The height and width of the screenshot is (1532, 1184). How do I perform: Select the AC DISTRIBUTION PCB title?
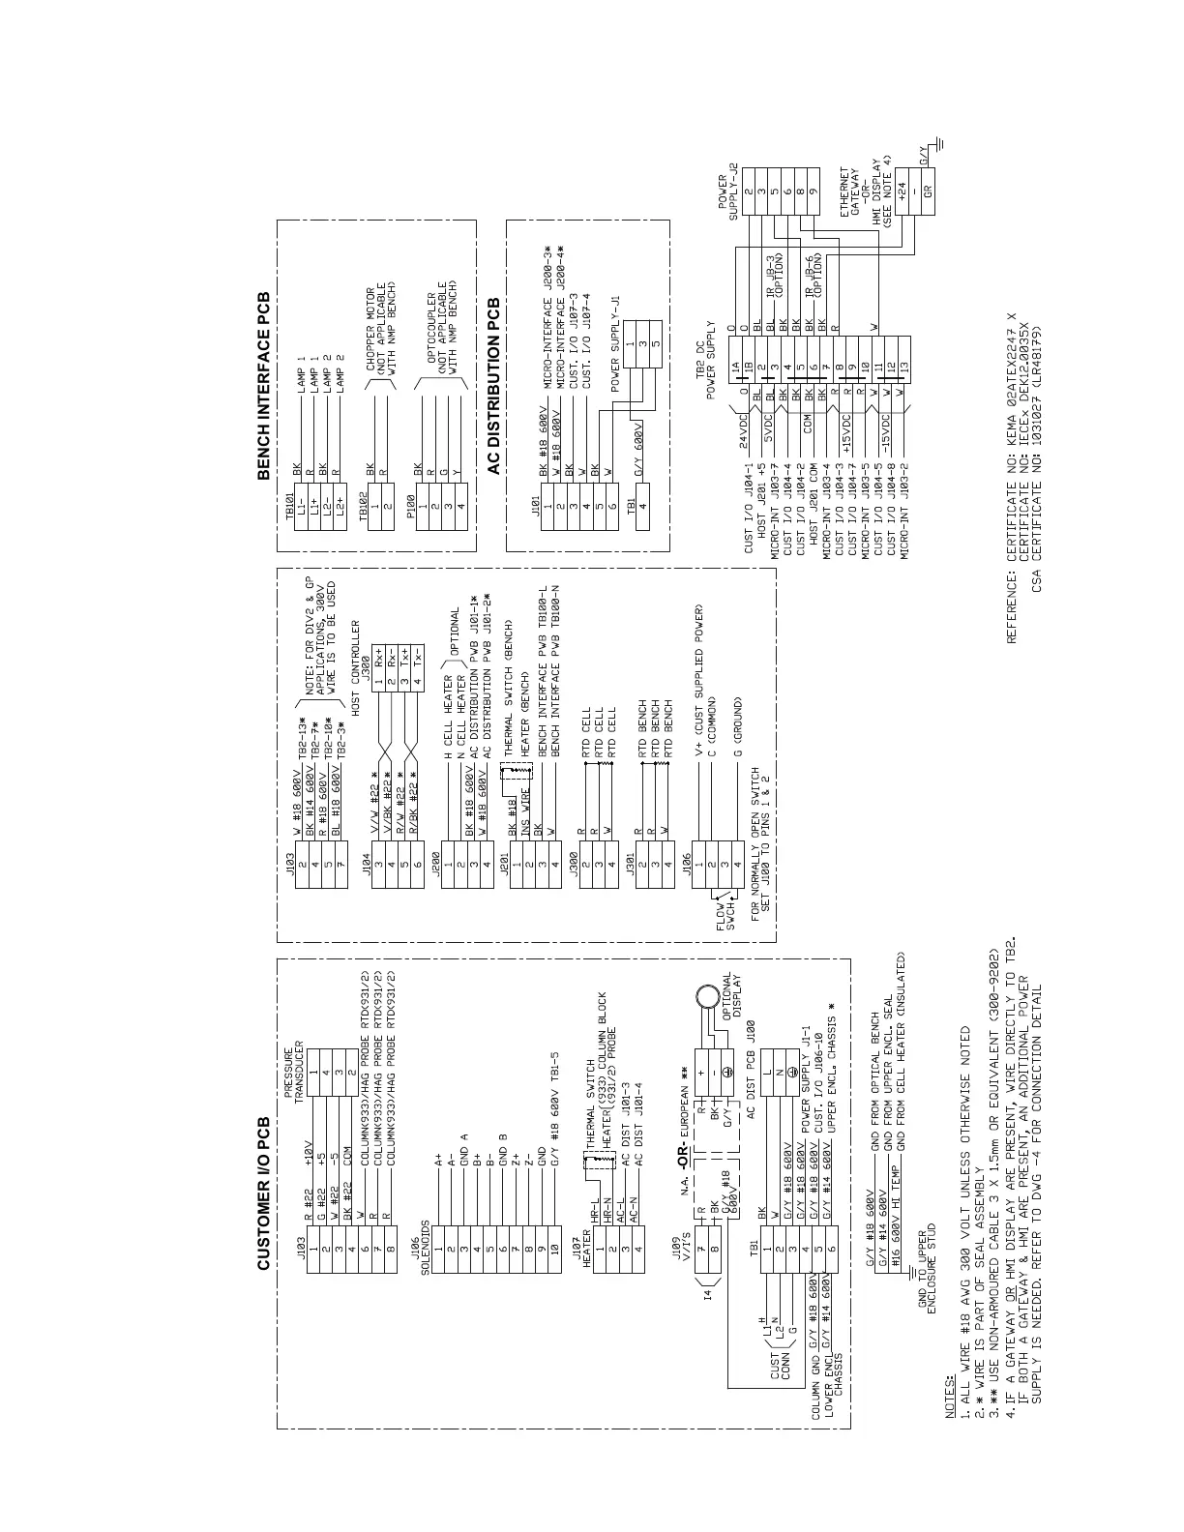[x=493, y=386]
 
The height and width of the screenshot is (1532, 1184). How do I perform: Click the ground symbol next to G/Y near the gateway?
[x=940, y=146]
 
